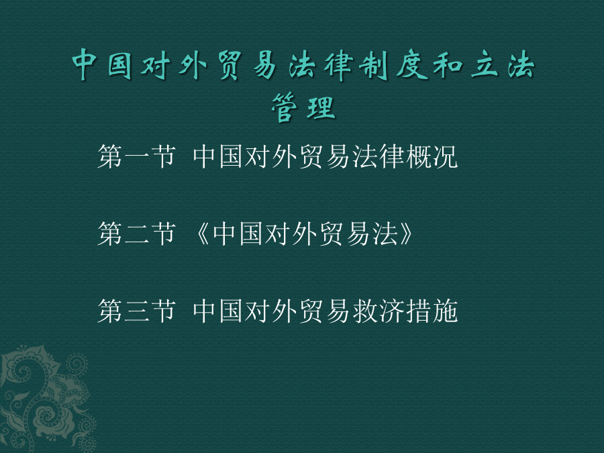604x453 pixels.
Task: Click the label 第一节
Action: pos(137,156)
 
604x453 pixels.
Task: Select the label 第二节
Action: pos(137,234)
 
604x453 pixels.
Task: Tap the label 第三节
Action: pos(137,311)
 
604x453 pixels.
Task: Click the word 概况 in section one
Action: pos(432,156)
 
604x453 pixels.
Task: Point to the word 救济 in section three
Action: pos(379,311)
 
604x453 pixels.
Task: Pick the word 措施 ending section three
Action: pos(432,311)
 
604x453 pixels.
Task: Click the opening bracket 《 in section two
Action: pos(202,234)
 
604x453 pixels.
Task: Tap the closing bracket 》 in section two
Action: pos(406,234)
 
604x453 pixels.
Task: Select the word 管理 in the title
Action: pos(303,107)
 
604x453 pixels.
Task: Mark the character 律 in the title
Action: pos(339,66)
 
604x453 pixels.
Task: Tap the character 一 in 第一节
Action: pos(137,158)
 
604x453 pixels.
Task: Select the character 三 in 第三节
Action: pos(137,311)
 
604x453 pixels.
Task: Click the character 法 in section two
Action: pos(385,234)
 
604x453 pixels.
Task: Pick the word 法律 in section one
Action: pos(379,156)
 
